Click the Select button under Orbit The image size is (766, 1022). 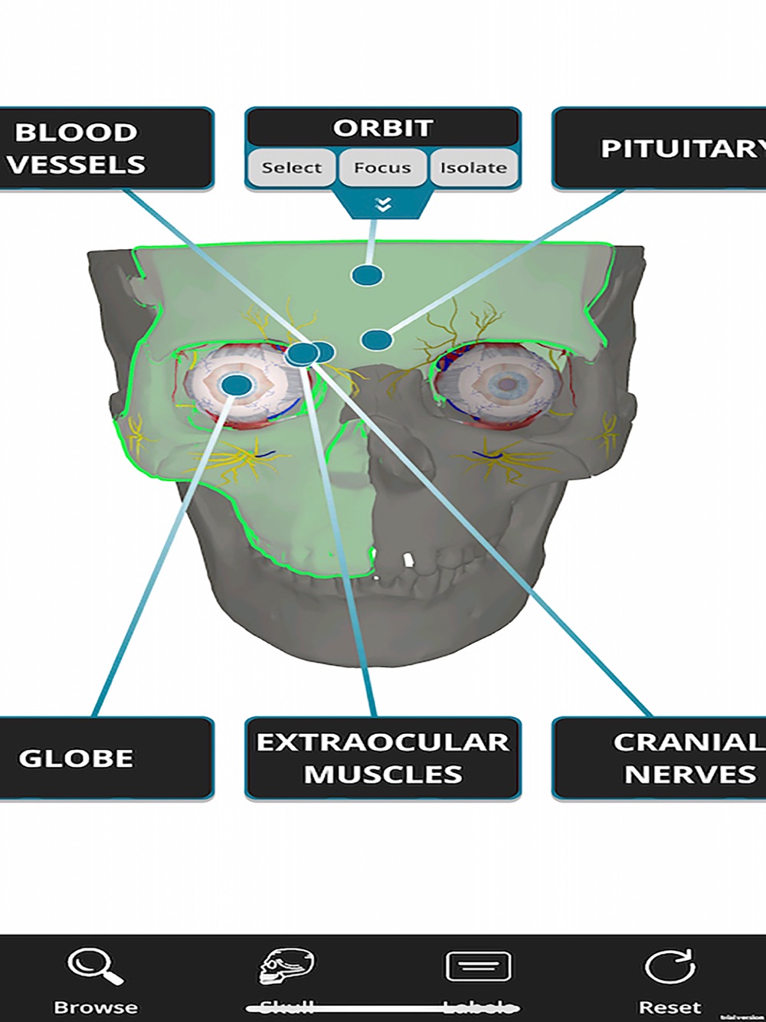(x=291, y=168)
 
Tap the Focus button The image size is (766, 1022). (x=382, y=168)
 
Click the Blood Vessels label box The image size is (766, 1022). (x=106, y=149)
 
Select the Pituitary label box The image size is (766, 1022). (x=659, y=149)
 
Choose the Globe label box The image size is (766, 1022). (x=106, y=758)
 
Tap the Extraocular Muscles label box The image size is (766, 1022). (x=382, y=758)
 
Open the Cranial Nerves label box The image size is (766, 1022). (x=659, y=758)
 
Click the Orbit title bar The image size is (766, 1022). (x=382, y=128)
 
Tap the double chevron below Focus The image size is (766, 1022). (x=383, y=205)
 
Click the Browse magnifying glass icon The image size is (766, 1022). (x=96, y=967)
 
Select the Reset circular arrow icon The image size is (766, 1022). (x=669, y=967)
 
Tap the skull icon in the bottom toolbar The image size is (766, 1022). (x=286, y=967)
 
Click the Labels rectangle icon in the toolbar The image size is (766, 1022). (x=478, y=967)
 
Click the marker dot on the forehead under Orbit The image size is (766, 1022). (x=367, y=275)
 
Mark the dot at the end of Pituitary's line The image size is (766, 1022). (x=376, y=340)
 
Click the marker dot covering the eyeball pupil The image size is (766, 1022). (x=237, y=385)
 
